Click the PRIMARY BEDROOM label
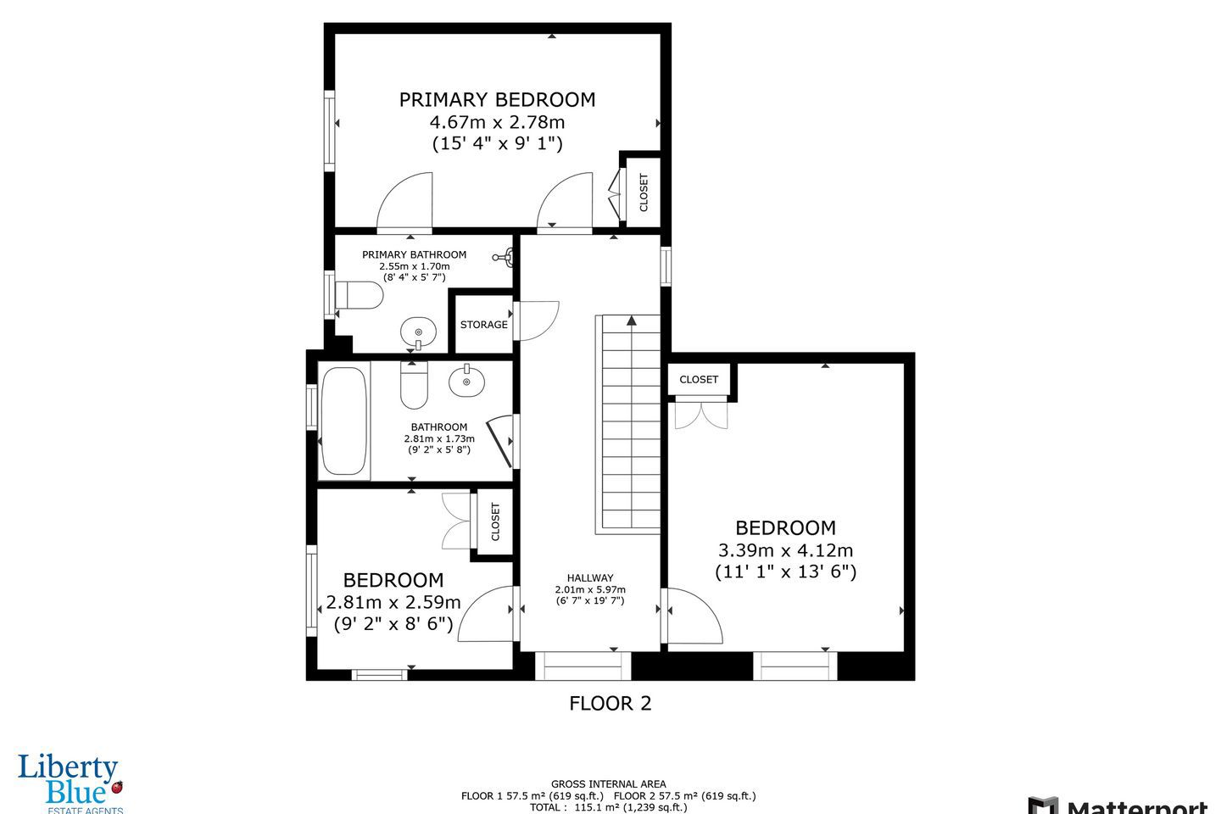coord(497,100)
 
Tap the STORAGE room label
coord(483,325)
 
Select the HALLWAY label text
coord(590,578)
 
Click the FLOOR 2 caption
coord(610,703)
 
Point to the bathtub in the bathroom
coord(343,421)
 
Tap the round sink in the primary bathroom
coord(419,332)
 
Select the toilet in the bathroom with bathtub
coord(415,385)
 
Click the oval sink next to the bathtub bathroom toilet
coord(466,381)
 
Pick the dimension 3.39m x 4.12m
coord(785,550)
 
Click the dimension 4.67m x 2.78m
coord(497,122)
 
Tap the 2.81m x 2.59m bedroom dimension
coord(393,602)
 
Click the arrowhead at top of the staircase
coord(631,320)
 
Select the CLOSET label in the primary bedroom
coord(644,192)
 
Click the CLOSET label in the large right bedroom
coord(699,380)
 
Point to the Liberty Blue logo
coord(70,783)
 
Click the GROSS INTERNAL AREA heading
coord(608,784)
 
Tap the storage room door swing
coord(537,321)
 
